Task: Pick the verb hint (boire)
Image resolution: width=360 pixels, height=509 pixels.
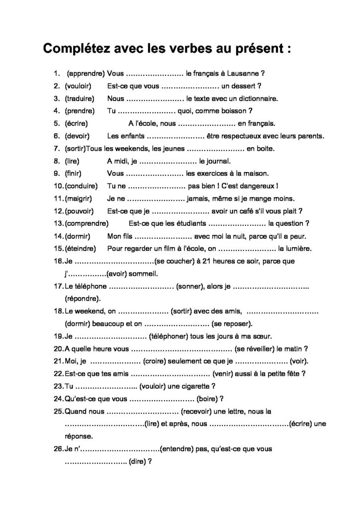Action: click(x=207, y=398)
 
